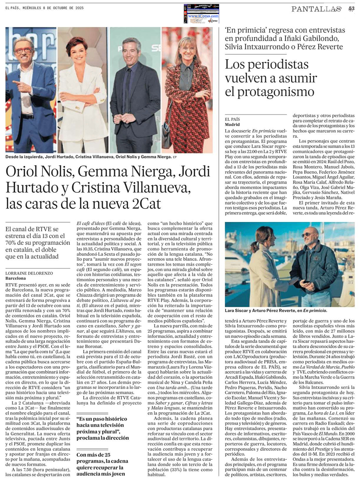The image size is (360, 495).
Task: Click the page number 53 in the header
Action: pyautogui.click(x=351, y=9)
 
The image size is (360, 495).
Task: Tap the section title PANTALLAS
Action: pyautogui.click(x=316, y=9)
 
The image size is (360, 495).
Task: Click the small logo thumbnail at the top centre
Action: pyautogui.click(x=201, y=13)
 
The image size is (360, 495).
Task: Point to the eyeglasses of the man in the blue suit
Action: pyautogui.click(x=24, y=50)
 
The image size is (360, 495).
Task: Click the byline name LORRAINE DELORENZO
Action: pyautogui.click(x=29, y=273)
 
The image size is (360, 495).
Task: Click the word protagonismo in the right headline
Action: pyautogui.click(x=270, y=92)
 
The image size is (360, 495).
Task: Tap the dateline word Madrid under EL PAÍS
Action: pyautogui.click(x=232, y=124)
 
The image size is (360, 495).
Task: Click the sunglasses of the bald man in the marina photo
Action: pyautogui.click(x=307, y=235)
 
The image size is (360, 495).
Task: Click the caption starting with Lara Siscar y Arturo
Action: pyautogui.click(x=276, y=310)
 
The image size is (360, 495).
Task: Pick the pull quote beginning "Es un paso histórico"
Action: pyautogui.click(x=102, y=428)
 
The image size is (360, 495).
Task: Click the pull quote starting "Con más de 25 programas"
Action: pyautogui.click(x=102, y=464)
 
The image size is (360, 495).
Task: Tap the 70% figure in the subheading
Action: pyautogui.click(x=13, y=242)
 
